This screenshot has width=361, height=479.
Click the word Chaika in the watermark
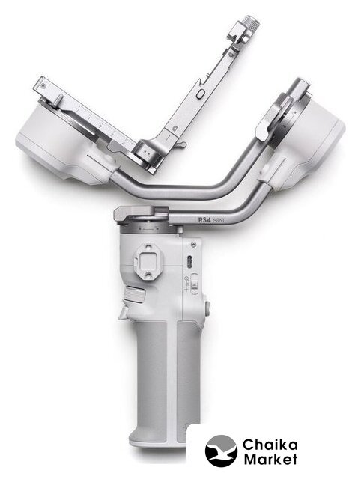270,445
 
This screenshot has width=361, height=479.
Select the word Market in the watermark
270,460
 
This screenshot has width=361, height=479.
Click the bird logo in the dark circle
221,451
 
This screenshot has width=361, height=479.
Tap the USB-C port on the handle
189,262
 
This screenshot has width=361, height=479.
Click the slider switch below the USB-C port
194,284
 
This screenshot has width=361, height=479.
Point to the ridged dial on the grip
135,295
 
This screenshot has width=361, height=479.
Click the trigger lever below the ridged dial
123,313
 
